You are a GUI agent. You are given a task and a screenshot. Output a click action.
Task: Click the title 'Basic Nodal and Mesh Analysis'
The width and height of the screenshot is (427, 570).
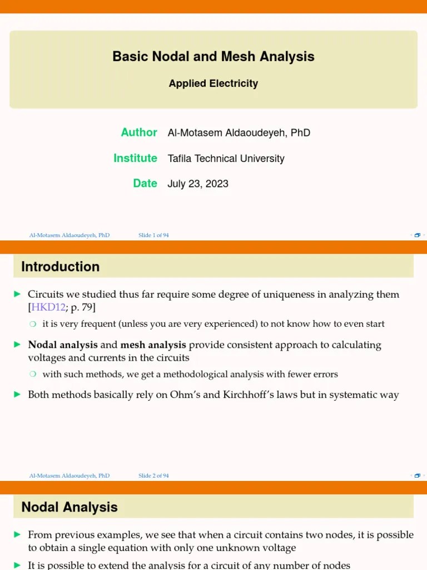tap(213, 57)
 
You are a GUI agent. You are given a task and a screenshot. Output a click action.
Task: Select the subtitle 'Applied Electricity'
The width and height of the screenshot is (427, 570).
tap(213, 83)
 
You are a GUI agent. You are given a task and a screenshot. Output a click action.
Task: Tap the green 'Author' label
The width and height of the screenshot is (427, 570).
tap(139, 132)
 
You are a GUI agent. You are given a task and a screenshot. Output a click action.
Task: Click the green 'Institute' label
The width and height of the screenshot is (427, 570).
tap(135, 158)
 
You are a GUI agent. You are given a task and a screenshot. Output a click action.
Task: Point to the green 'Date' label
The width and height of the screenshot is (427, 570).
tap(145, 184)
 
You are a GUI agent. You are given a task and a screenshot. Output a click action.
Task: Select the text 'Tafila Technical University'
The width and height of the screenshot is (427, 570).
tap(226, 159)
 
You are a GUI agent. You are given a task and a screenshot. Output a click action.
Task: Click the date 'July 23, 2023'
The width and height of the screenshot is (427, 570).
tap(198, 184)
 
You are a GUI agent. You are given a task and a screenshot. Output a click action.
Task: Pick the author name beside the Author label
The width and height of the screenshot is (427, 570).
tap(239, 133)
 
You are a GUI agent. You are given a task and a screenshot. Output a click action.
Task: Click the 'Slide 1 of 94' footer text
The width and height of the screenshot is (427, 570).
tap(153, 235)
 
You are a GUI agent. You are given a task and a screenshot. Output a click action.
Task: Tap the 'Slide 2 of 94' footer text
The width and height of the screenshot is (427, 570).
tap(153, 476)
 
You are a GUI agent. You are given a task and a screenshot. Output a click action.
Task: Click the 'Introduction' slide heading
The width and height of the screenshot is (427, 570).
tap(60, 267)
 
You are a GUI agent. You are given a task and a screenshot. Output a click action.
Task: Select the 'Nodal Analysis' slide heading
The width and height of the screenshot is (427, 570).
tap(69, 507)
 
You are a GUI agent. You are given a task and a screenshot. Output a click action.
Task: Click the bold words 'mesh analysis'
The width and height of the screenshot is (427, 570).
tap(153, 345)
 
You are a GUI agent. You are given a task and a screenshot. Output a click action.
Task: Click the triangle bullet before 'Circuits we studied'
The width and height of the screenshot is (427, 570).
tap(17, 294)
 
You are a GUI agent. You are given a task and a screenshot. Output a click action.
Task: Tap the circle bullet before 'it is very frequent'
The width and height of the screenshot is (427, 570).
tap(33, 324)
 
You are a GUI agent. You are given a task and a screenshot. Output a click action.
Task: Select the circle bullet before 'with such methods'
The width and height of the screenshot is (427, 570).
tap(33, 375)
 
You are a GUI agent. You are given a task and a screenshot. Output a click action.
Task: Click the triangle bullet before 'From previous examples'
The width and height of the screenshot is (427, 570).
tap(17, 534)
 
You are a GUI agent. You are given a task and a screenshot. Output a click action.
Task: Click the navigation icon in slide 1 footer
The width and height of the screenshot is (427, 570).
tap(417, 235)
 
